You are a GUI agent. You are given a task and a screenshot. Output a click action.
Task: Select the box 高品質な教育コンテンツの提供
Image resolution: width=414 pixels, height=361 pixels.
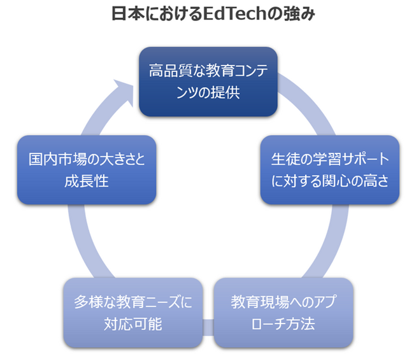pos(208,81)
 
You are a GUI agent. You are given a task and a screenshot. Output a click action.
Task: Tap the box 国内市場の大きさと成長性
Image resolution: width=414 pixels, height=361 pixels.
pos(87,169)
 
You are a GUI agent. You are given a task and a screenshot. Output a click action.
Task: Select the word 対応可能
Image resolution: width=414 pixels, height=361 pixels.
pos(132,323)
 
